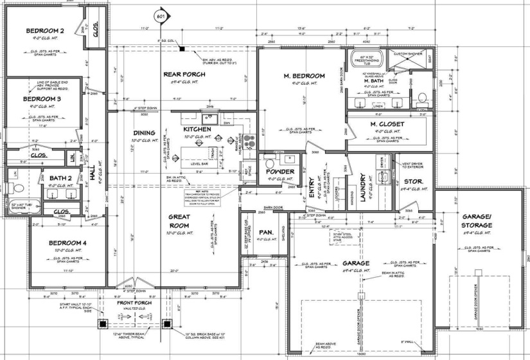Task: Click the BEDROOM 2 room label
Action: [45, 31]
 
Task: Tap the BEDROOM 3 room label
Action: [42, 99]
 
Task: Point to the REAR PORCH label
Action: [183, 74]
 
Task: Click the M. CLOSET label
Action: [387, 123]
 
